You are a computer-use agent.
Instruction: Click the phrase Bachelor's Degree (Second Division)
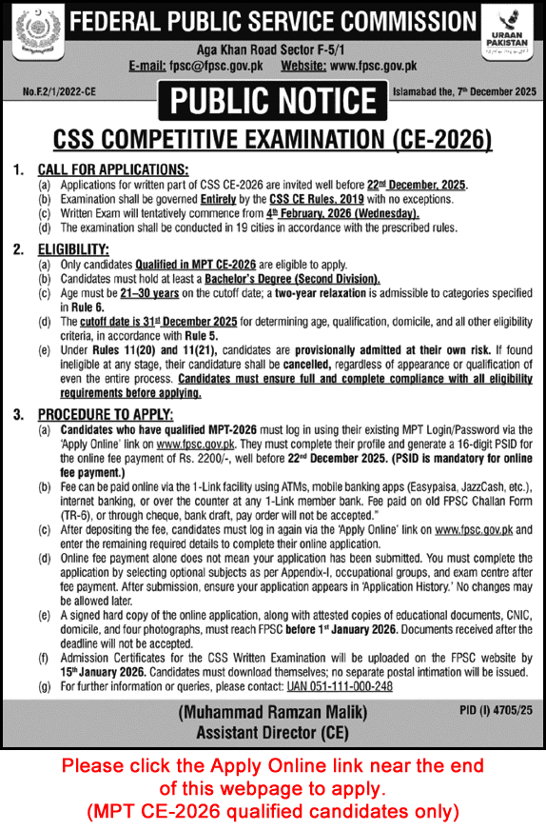click(x=292, y=279)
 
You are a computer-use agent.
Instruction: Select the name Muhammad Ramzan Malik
click(x=271, y=711)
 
